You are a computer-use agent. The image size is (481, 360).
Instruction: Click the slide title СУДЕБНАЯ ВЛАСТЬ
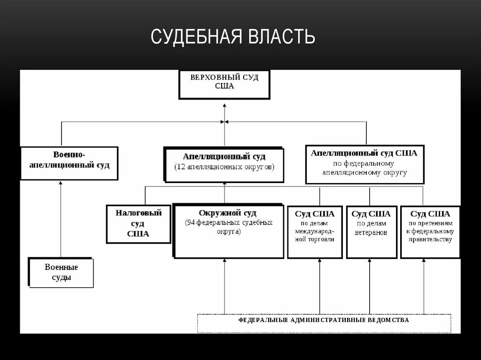[233, 37]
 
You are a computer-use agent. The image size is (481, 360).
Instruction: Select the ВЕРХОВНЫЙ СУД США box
[224, 84]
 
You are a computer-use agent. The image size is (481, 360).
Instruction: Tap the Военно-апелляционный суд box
[69, 163]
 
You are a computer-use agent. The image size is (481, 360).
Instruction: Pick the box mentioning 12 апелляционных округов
[224, 165]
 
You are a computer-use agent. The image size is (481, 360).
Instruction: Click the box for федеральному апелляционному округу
[365, 164]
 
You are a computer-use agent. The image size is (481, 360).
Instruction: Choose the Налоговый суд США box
[138, 223]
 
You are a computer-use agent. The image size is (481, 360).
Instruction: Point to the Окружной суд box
[229, 231]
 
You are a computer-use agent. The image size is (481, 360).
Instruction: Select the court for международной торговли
[315, 231]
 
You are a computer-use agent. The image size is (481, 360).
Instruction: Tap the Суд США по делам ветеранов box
[371, 231]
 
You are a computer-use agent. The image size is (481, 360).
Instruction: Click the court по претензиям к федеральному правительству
[430, 231]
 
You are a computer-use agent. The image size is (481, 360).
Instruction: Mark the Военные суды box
[61, 272]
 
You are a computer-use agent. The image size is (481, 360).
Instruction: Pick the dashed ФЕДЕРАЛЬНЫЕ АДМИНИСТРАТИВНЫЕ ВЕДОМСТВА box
[324, 322]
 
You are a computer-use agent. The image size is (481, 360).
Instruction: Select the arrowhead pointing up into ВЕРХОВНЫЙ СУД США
[225, 107]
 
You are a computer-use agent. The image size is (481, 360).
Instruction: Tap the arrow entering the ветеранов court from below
[369, 286]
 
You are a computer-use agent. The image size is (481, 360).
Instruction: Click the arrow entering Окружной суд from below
[225, 286]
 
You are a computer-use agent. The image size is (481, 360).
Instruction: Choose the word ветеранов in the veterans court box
[371, 232]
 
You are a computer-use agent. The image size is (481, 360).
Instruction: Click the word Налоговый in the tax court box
[139, 213]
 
